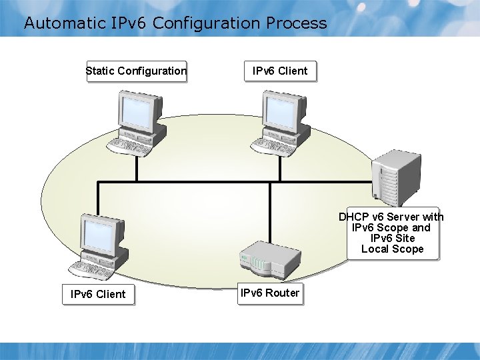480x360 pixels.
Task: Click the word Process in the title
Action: coord(297,23)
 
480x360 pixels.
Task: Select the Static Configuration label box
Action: coord(136,71)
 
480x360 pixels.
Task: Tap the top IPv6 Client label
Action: coord(280,71)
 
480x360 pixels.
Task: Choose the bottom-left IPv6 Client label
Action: coord(98,293)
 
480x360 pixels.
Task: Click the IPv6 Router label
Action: coord(269,293)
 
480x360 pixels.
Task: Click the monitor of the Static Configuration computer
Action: coord(139,110)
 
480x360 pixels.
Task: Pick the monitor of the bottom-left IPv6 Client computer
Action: coord(100,234)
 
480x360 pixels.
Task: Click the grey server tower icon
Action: coord(397,176)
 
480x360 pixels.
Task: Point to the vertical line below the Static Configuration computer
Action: coord(136,168)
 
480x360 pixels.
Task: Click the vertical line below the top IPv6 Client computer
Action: coord(280,168)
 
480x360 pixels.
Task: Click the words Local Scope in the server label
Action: coord(392,249)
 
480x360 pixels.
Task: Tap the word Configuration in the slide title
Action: coord(206,23)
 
